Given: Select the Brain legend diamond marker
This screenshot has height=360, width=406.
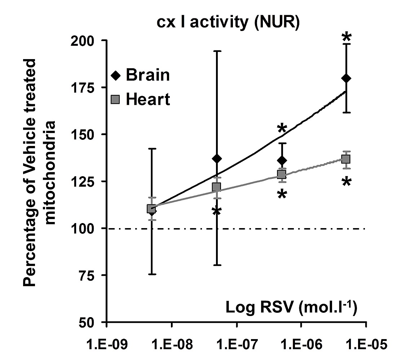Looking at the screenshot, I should pos(115,75).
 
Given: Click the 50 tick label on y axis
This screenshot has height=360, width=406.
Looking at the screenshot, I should pos(89,322).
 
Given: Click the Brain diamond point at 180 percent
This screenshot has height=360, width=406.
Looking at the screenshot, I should pos(347,78).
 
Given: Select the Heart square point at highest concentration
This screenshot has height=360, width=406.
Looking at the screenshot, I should pos(346,159).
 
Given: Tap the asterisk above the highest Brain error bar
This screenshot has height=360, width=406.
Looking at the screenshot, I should pos(347,37).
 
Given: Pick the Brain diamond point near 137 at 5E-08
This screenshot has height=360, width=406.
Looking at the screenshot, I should pos(217,159).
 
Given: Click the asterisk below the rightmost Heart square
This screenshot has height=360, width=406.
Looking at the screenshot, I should pos(347,182).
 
